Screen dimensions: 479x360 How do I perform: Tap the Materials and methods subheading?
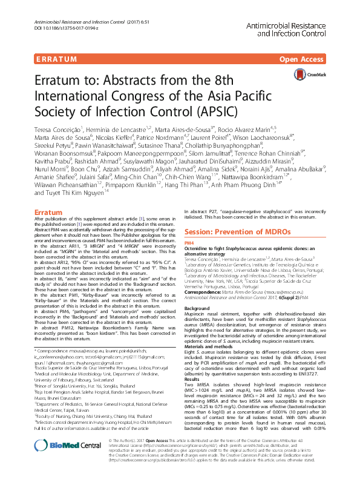tap(209, 352)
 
